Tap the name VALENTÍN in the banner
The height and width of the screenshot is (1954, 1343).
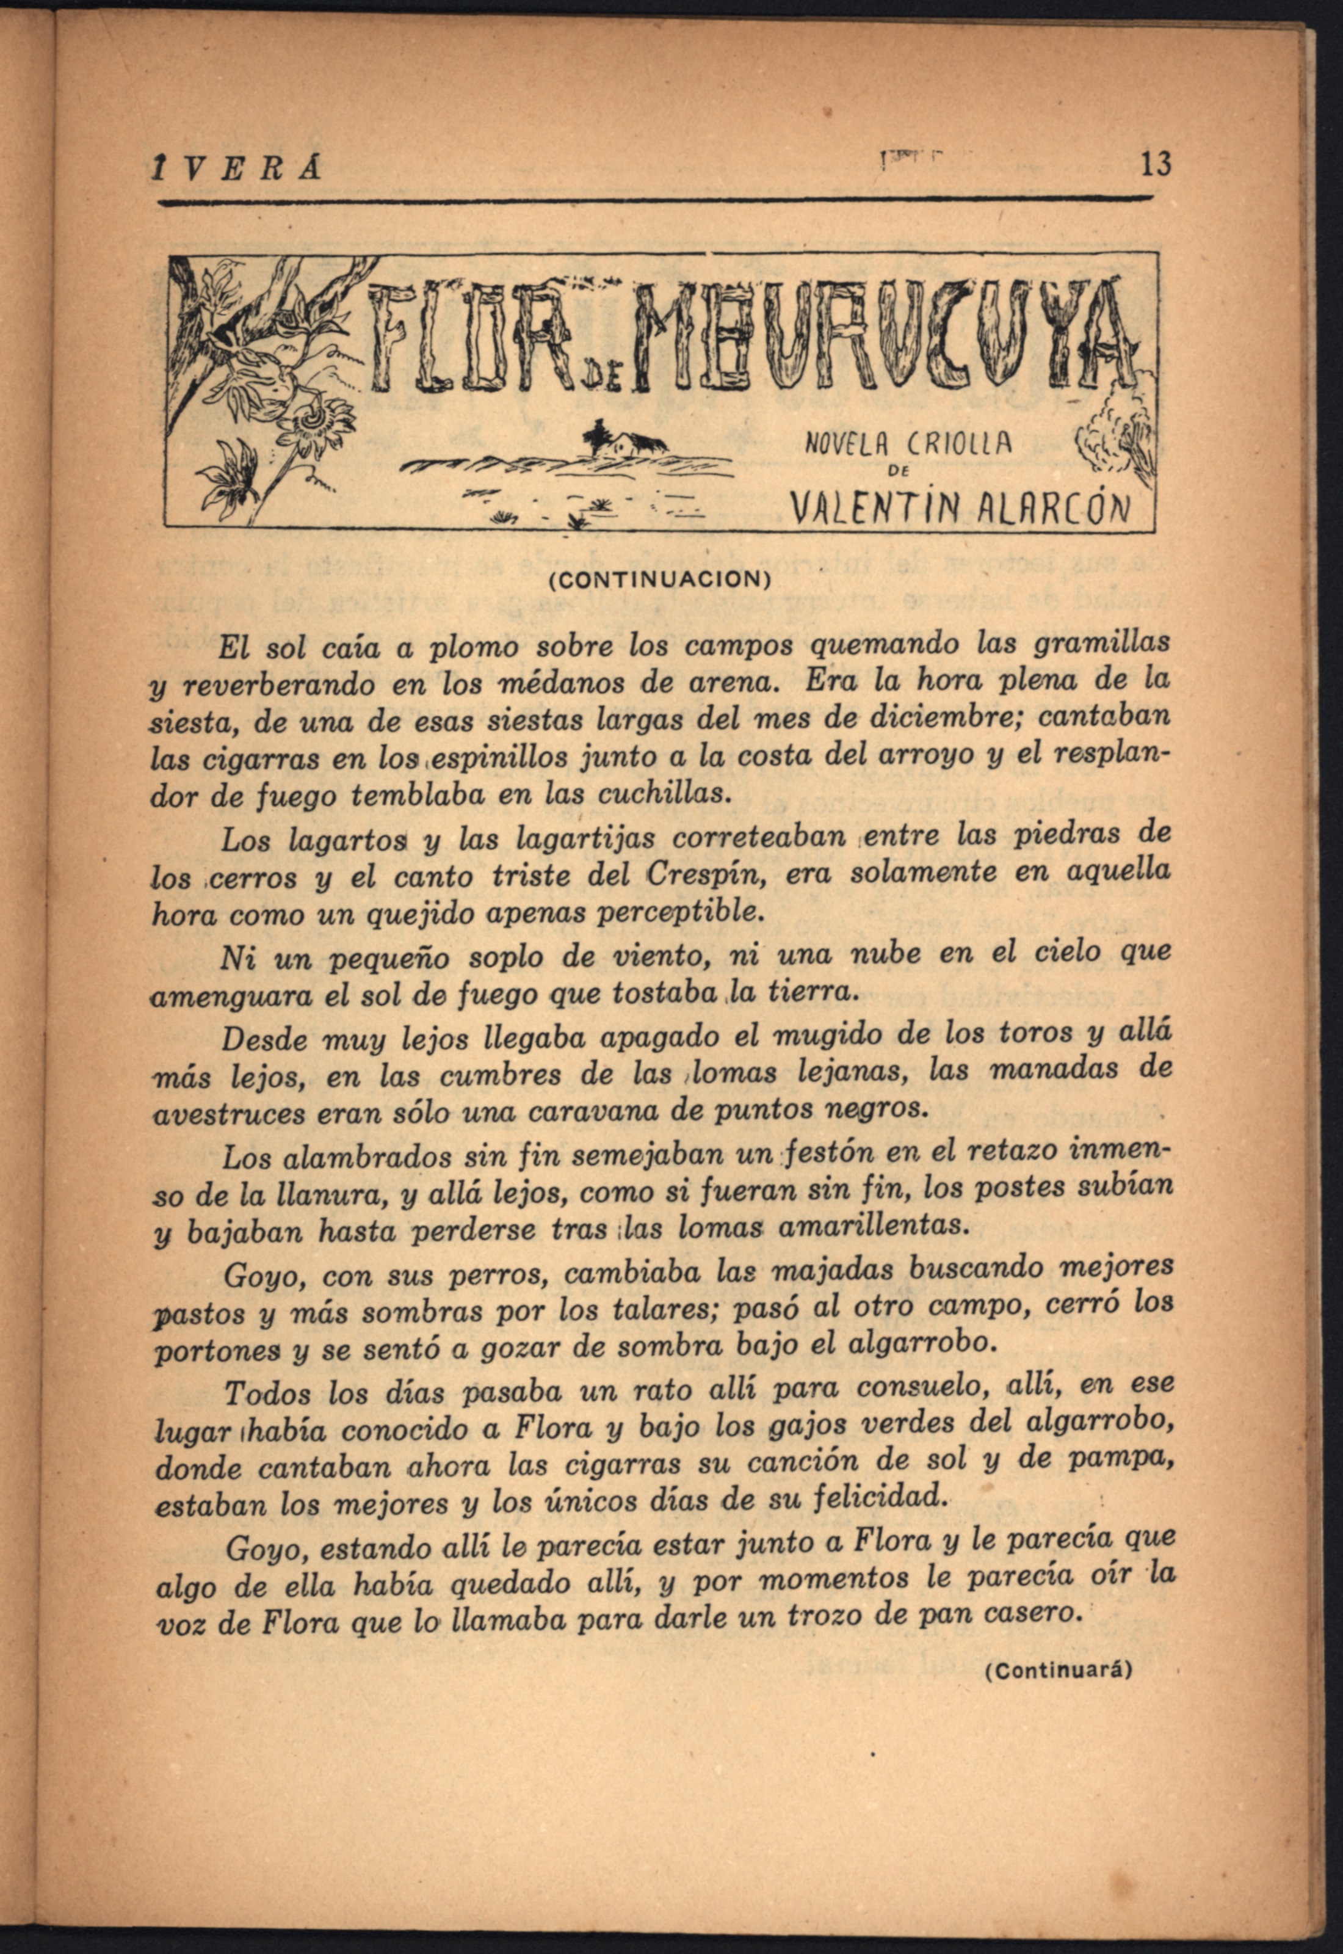(869, 507)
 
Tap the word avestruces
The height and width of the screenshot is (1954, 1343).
(228, 1115)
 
